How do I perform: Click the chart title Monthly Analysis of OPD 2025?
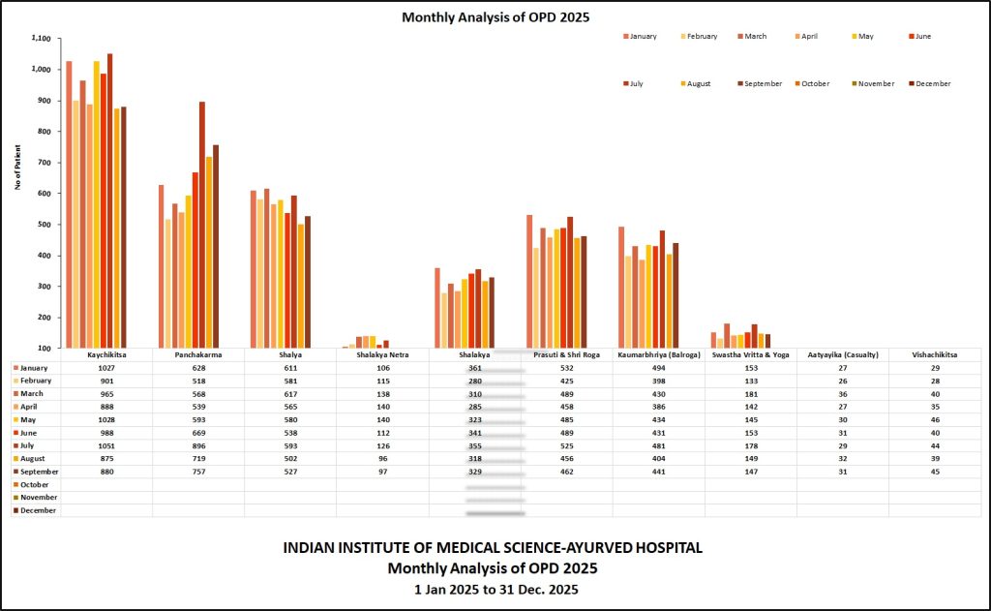[495, 17]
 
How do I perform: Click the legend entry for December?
[932, 84]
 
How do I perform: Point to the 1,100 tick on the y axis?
[40, 39]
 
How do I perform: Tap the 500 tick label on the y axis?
[43, 225]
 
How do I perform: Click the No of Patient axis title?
[18, 168]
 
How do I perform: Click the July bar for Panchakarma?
[202, 225]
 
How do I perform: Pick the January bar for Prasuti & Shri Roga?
[529, 281]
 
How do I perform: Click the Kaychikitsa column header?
[106, 355]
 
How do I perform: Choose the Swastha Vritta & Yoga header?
[751, 355]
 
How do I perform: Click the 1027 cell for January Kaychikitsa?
[106, 368]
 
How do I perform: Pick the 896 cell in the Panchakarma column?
[197, 446]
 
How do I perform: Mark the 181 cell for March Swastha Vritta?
[751, 394]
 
